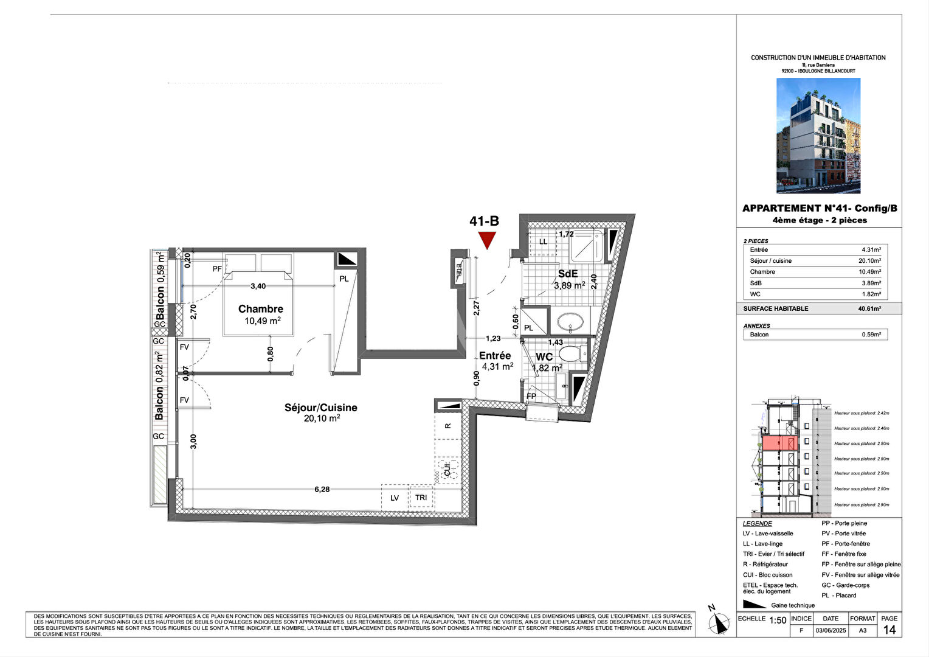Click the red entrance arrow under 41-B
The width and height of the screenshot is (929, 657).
(x=486, y=240)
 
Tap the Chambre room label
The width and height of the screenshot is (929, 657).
(x=260, y=309)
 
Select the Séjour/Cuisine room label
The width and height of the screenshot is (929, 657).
(x=320, y=408)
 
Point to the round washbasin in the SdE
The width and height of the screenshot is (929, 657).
(x=570, y=321)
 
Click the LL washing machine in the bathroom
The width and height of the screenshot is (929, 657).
(x=543, y=242)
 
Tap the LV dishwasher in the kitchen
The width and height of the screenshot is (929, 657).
(x=395, y=498)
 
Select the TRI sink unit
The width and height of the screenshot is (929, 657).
(x=421, y=498)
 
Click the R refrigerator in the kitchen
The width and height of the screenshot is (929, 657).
(x=448, y=426)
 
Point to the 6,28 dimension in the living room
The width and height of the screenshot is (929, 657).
(x=322, y=489)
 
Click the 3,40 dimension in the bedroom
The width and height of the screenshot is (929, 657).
(x=258, y=286)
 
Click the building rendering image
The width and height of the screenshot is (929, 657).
(x=818, y=136)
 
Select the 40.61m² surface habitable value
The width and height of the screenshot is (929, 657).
(x=869, y=309)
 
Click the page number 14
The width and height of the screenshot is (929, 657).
(x=889, y=630)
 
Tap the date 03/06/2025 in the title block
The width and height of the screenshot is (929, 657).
(x=830, y=631)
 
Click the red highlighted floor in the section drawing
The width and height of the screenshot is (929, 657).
(x=779, y=443)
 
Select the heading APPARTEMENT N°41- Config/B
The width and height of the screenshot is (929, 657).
(x=819, y=209)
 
